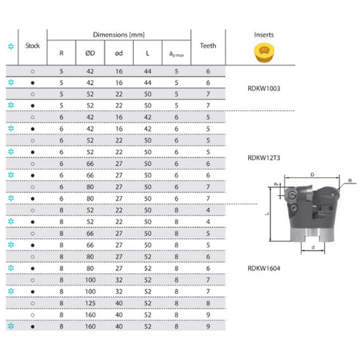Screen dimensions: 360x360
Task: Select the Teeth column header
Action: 208,46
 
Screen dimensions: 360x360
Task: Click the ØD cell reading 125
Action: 90,302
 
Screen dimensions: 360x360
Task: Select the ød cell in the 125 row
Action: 118,302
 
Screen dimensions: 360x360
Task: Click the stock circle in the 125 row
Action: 33,302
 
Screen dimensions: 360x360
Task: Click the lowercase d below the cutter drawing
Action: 314,248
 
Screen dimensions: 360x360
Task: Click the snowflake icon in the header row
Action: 10,46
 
